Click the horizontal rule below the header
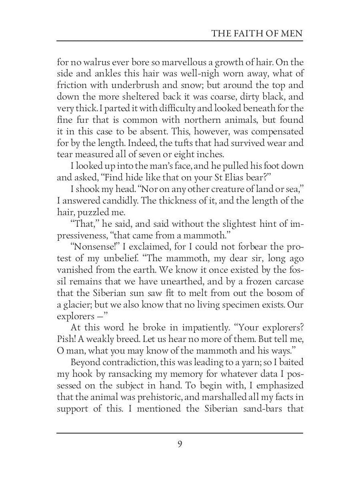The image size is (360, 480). [180, 41]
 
